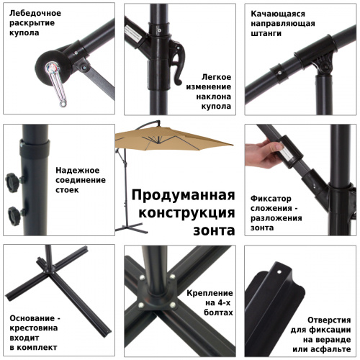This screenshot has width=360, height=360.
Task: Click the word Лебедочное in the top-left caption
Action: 35,13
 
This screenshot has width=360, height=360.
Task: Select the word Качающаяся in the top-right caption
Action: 278,13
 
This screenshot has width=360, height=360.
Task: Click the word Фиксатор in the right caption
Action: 271,197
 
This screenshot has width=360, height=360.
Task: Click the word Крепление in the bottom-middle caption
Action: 210,294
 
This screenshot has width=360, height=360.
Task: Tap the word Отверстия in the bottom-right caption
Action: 329,319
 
